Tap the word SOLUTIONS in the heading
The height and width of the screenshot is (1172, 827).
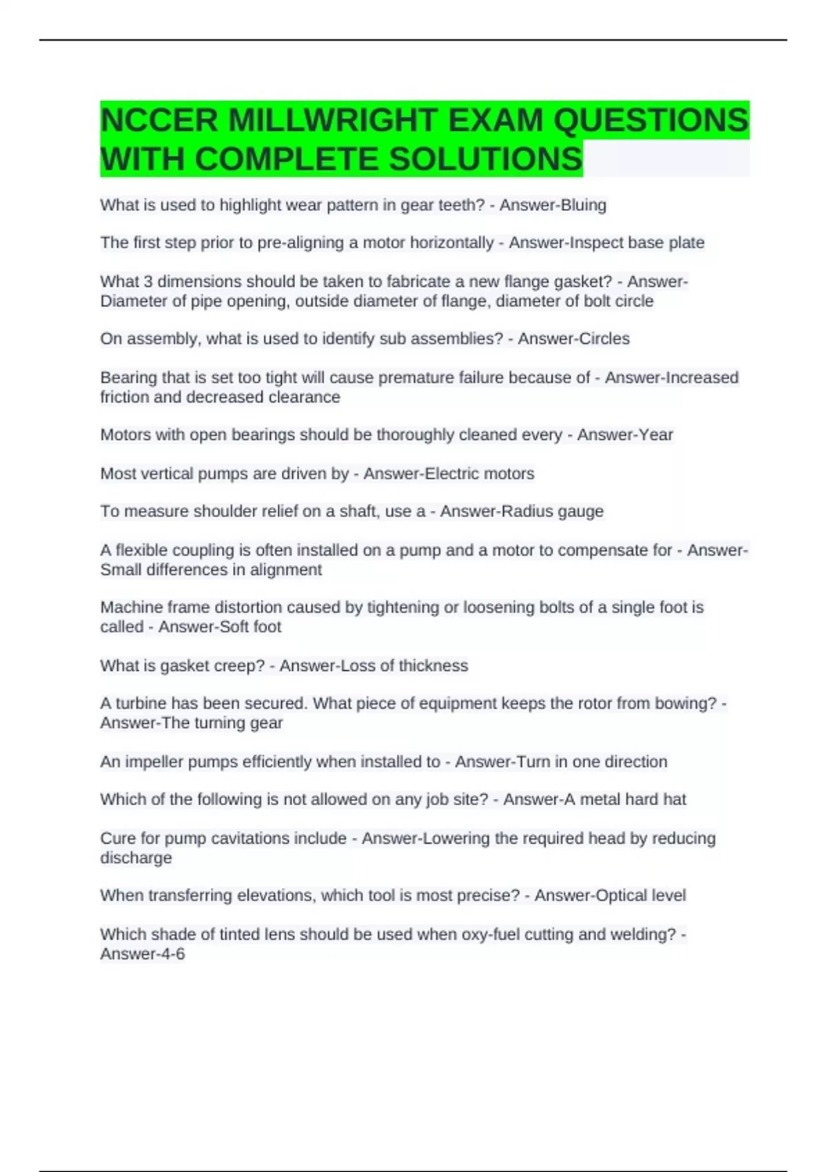(x=486, y=159)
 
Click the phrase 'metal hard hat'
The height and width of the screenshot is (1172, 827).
(x=632, y=800)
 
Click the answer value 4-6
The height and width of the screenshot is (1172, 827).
(x=171, y=954)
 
